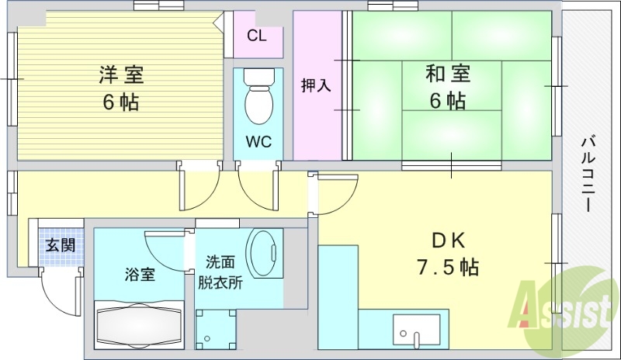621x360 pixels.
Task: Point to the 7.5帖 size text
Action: click(447, 268)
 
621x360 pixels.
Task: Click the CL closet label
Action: click(257, 36)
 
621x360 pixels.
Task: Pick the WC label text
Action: click(258, 142)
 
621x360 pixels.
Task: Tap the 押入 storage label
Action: click(317, 85)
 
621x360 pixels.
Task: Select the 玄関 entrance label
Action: click(60, 246)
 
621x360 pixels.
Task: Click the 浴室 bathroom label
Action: click(140, 274)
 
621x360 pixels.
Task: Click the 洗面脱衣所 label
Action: click(224, 272)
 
